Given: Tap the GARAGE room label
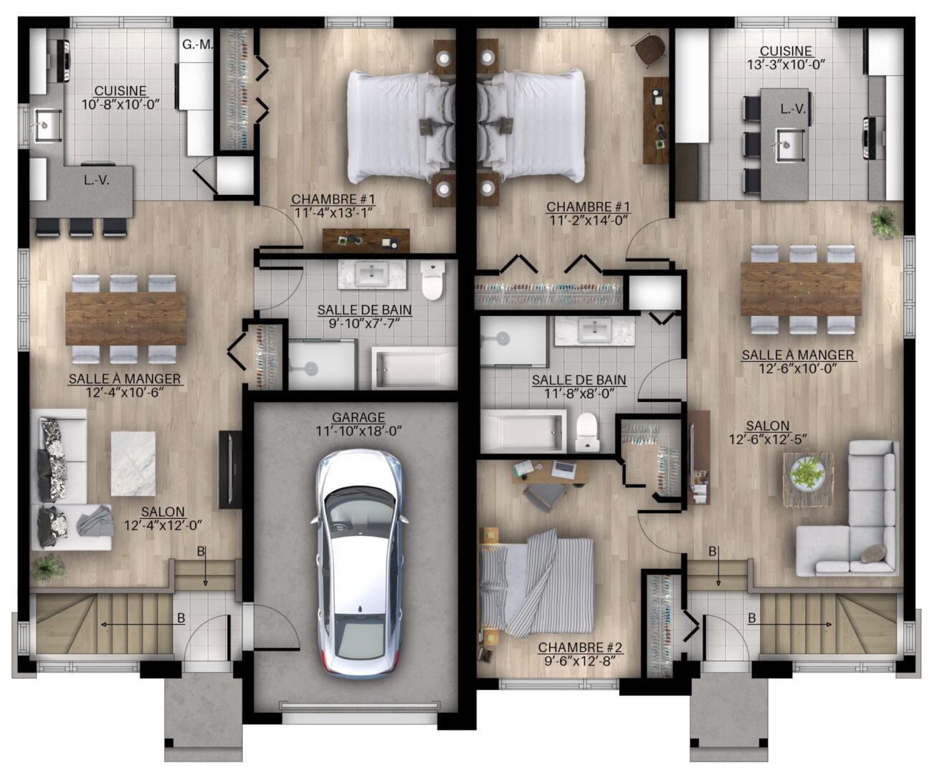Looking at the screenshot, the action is pos(358,417).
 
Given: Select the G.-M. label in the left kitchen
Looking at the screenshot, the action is pos(198,44).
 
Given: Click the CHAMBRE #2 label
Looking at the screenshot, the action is pos(579,647).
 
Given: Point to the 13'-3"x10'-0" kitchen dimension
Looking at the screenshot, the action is pos(786,64).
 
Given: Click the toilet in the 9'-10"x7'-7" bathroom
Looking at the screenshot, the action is pos(432,279).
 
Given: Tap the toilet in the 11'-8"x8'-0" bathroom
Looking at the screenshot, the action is pos(586,432).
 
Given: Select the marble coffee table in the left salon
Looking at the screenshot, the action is pos(133,463).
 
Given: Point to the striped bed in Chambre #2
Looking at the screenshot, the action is pos(536,585).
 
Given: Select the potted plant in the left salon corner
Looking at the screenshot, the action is pos(48,568).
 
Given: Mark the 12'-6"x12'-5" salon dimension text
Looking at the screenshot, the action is pos(768,439).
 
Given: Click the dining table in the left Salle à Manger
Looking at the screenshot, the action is pos(126,318).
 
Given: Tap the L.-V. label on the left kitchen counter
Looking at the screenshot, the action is pos(97,181).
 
